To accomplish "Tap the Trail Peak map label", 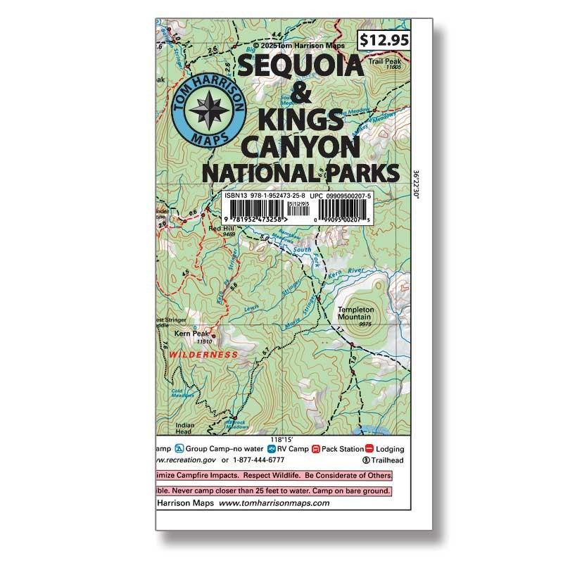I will [383, 62].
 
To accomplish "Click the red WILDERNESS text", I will [203, 355].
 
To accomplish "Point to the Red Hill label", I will [222, 229].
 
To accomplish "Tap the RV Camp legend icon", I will [272, 448].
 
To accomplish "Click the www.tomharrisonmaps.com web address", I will [274, 504].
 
